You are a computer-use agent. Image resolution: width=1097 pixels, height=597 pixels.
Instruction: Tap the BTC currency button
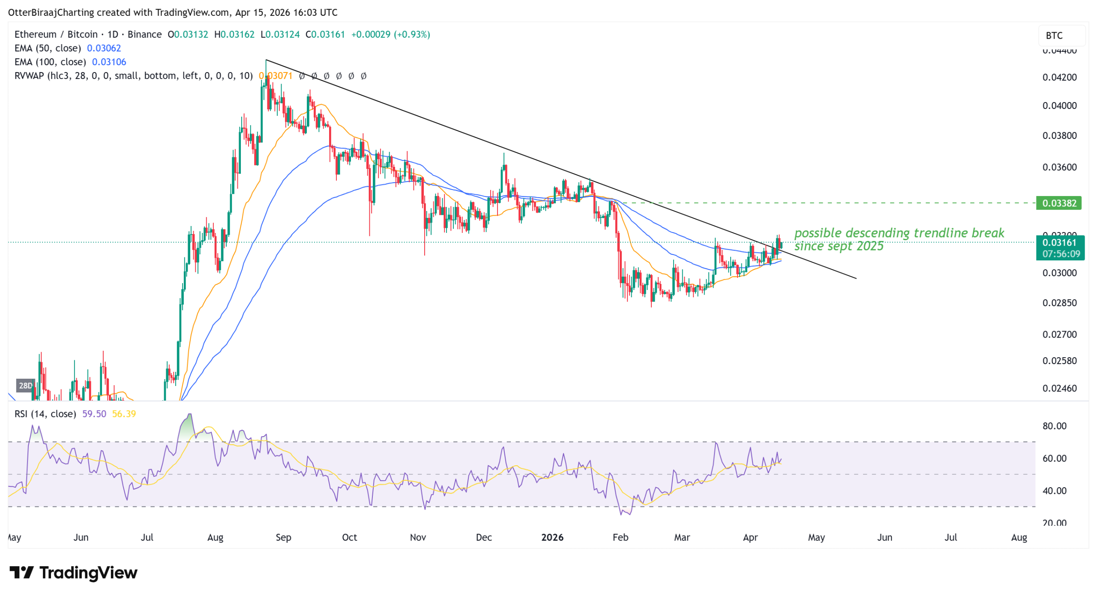point(1054,36)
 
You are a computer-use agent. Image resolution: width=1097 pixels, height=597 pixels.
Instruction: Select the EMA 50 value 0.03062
point(104,48)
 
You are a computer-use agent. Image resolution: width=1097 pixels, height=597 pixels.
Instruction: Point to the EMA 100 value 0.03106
point(109,62)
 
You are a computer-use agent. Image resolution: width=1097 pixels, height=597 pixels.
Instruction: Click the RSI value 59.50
point(94,414)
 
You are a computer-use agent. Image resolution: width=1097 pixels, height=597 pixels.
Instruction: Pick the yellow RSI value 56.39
point(124,414)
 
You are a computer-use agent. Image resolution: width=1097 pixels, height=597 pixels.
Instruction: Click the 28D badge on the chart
point(25,386)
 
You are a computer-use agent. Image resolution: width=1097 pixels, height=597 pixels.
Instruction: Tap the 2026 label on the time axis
point(552,537)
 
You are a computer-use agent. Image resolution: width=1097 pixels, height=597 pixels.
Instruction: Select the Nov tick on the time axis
point(418,537)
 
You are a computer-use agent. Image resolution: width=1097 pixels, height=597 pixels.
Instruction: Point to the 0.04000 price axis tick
point(1059,106)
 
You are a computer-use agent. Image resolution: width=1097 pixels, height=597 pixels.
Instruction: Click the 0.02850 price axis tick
point(1059,303)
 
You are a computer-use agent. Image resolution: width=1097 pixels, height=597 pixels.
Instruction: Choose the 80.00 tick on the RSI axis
point(1054,426)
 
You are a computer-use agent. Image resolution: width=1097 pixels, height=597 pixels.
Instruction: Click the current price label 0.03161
point(1059,243)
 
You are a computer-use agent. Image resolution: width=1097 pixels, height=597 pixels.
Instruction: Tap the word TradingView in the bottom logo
point(88,573)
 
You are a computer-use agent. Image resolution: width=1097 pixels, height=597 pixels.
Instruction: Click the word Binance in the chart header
point(144,34)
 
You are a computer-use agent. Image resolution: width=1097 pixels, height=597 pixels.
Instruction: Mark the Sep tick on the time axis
point(283,537)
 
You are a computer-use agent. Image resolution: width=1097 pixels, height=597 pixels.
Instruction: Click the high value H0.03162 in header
point(234,34)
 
